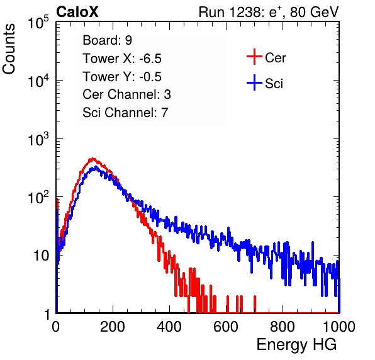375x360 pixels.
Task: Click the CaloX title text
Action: click(77, 12)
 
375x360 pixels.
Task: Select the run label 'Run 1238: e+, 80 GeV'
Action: click(269, 12)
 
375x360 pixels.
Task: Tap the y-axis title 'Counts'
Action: click(9, 49)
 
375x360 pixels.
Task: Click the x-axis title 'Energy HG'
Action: click(296, 345)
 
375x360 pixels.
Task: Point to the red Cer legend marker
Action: click(254, 57)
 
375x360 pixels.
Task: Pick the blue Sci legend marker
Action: click(254, 83)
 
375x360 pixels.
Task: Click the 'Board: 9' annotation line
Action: click(107, 40)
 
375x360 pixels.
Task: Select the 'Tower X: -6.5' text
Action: click(122, 59)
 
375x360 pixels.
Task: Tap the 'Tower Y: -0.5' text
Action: click(122, 77)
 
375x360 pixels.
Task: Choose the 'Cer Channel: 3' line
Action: click(126, 94)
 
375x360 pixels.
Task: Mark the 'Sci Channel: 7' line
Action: click(125, 113)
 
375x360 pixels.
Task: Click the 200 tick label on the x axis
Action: click(113, 327)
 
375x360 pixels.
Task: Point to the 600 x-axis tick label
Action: click(226, 327)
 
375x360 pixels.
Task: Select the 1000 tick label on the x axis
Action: click(339, 327)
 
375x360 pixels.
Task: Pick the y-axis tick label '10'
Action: click(42, 256)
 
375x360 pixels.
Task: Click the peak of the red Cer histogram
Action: click(92, 159)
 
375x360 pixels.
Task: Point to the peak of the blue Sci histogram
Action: click(96, 167)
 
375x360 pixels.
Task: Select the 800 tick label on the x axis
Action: click(283, 327)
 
